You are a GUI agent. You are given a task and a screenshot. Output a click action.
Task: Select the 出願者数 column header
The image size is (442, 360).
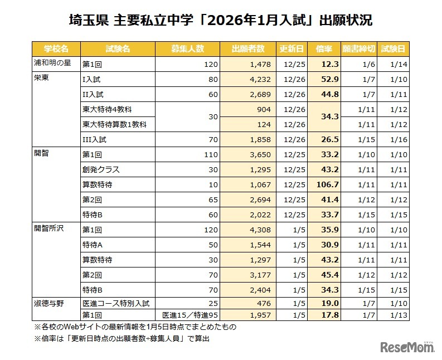pyautogui.click(x=247, y=48)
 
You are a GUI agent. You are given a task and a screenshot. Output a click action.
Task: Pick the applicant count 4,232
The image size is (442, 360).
pyautogui.click(x=260, y=79)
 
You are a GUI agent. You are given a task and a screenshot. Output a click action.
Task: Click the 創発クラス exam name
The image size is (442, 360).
pyautogui.click(x=101, y=169)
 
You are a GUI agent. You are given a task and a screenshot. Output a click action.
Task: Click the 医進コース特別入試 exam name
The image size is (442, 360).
pyautogui.click(x=115, y=303)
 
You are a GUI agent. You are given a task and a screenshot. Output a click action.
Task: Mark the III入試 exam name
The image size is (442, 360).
pyautogui.click(x=94, y=139)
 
